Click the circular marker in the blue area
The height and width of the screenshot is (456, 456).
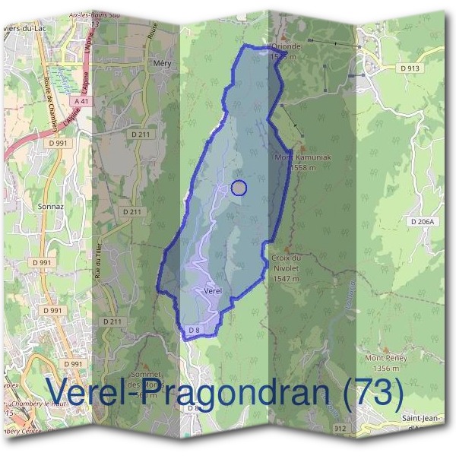pos(239,188)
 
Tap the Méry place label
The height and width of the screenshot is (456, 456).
pos(162,64)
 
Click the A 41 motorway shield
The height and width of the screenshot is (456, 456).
pos(82,101)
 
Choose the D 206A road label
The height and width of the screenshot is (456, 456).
pos(424,222)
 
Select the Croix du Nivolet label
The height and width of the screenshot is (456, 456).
pos(287,262)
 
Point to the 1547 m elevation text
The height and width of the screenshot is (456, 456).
pos(286,279)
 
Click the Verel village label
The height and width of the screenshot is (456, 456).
pos(213,291)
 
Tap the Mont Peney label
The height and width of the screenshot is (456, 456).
pos(386,358)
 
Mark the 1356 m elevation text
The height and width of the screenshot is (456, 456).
pos(386,368)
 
